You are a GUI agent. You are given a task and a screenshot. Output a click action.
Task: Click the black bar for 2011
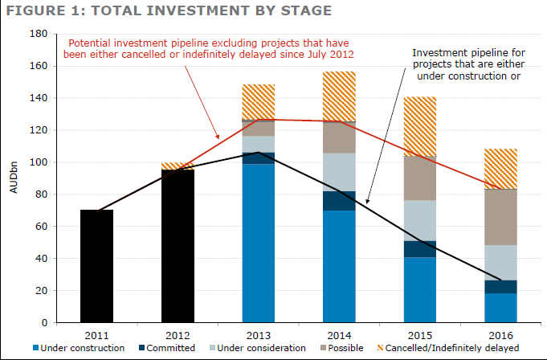coord(96,266)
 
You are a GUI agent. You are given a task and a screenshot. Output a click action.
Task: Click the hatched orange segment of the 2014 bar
coord(339,96)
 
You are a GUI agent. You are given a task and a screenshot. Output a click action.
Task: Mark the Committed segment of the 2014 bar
coord(339,201)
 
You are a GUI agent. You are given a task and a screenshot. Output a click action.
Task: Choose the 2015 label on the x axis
coord(419,334)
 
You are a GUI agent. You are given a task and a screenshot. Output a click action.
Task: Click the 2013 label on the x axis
coord(258,334)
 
